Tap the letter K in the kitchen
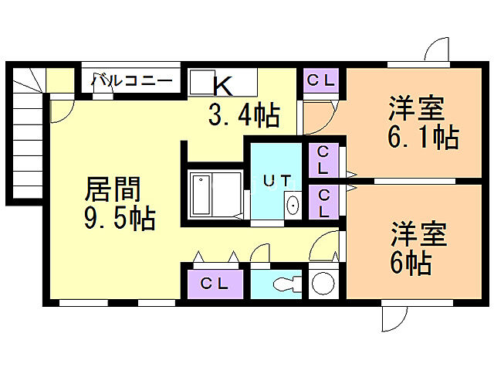(222, 84)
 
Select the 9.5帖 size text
(120, 220)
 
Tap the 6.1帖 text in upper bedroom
(422, 138)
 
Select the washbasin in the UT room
(293, 206)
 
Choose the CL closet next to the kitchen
(320, 80)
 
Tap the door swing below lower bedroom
(396, 316)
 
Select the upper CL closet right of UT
(322, 160)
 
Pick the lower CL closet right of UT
(322, 202)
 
